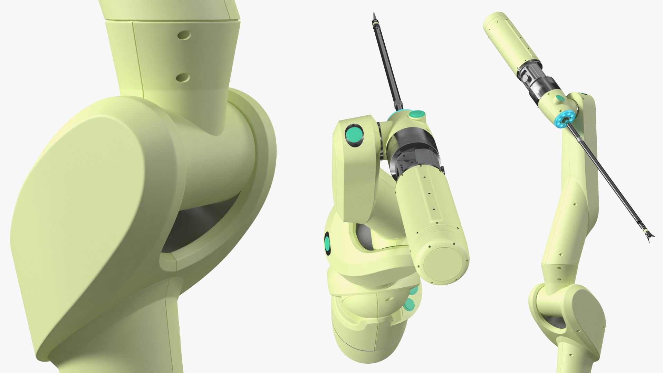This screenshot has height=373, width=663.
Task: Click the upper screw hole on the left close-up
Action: click(184, 35)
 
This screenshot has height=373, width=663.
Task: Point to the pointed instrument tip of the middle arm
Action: click(374, 17)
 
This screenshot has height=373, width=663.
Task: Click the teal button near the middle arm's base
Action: click(410, 305)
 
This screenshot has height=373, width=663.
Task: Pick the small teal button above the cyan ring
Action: click(560, 99)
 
